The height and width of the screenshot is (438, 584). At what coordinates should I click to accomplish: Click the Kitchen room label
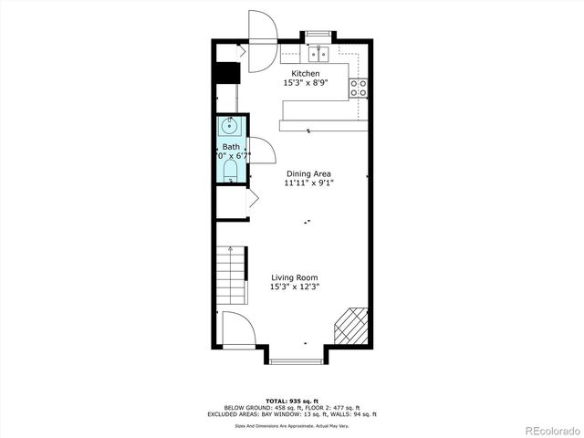coord(306,73)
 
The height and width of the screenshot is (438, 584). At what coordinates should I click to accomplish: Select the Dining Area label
coord(308,173)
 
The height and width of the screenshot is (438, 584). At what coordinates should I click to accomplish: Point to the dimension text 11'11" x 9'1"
coord(308,183)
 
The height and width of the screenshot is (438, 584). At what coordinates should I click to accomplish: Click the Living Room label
coord(294,277)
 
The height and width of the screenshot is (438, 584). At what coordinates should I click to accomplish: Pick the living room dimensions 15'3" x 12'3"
coord(294,287)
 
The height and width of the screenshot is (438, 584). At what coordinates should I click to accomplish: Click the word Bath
coord(230,147)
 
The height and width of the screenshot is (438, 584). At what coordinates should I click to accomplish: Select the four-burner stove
coord(360,88)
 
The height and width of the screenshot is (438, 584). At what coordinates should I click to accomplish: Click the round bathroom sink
coord(230,126)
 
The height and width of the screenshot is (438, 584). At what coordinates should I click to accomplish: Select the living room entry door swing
coord(235,328)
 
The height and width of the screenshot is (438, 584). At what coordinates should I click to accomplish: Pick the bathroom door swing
coord(255,150)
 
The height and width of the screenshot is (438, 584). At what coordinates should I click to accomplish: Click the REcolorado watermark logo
coord(545,431)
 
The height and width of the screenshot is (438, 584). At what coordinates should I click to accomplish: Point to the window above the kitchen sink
coord(316,36)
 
